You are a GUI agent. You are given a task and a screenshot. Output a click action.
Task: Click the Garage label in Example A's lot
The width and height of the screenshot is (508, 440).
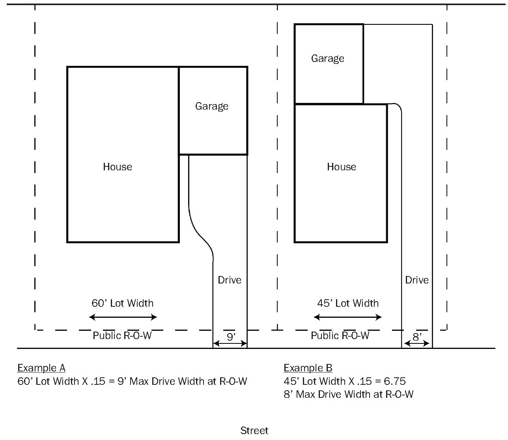tap(212, 106)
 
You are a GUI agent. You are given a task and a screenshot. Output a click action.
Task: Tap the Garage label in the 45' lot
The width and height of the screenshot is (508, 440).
tap(328, 58)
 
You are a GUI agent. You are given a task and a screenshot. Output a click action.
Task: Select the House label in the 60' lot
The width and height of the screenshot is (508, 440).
tap(118, 167)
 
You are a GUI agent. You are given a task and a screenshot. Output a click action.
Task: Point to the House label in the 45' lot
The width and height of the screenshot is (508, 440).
tap(342, 167)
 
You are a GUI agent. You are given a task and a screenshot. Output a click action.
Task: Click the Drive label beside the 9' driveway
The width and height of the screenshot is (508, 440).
tap(230, 280)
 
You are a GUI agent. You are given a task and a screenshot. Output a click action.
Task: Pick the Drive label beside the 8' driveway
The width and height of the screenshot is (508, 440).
tap(417, 280)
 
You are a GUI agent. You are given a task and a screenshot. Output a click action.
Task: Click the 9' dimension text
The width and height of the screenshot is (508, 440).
tap(231, 337)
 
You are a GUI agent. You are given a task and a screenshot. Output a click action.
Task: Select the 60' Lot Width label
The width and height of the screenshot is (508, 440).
tap(123, 303)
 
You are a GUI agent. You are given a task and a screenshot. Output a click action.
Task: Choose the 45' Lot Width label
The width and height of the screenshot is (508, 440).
tap(348, 303)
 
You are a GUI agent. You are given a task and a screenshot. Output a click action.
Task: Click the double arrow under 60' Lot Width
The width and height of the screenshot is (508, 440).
tap(123, 317)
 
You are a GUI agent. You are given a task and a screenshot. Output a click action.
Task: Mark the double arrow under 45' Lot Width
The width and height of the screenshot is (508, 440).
tap(348, 317)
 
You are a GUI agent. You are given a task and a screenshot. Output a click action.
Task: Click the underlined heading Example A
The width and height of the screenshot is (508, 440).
tap(41, 368)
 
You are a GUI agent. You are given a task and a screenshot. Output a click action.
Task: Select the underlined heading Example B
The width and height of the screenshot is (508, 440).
tap(308, 368)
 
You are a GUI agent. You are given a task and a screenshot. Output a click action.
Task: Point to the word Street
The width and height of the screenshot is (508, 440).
tap(254, 431)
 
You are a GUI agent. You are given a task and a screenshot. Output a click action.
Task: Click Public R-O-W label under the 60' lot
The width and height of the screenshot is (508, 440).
tap(122, 336)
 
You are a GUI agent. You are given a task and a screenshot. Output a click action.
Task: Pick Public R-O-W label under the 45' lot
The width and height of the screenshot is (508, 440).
tap(340, 336)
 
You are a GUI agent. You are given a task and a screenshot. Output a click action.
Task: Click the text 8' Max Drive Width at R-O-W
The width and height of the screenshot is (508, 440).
tap(349, 394)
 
